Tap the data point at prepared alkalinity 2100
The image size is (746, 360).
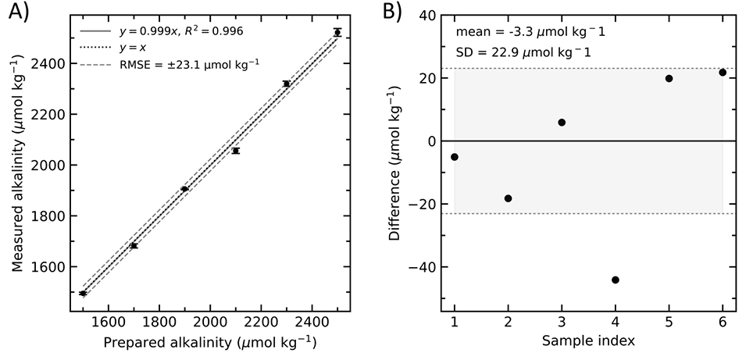point(235,151)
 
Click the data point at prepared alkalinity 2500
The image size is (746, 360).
point(337,32)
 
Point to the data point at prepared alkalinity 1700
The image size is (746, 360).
point(134,245)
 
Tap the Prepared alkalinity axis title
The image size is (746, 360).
point(209,342)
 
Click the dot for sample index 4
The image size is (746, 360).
point(616,280)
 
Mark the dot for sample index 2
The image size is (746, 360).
point(509,198)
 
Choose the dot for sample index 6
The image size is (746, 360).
point(723,73)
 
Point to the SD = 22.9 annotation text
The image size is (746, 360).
point(523,52)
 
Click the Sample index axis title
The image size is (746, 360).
point(588,342)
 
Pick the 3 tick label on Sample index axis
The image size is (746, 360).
point(562,323)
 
